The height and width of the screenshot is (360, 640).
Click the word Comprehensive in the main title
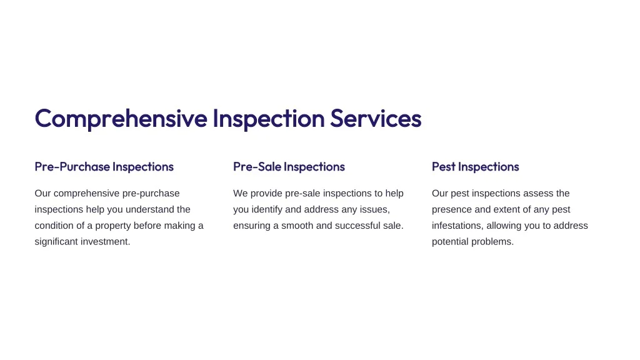(x=121, y=119)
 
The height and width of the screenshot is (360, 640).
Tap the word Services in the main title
(x=376, y=118)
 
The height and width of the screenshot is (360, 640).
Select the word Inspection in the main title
(x=269, y=119)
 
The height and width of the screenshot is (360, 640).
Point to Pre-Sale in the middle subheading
(x=257, y=166)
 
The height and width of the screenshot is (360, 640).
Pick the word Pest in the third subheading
(x=443, y=166)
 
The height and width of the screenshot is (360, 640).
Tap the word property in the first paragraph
(x=113, y=226)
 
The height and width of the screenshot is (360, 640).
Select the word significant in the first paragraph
(x=56, y=242)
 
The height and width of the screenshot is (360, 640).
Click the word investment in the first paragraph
(x=105, y=242)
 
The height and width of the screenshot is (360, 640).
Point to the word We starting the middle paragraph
(x=241, y=194)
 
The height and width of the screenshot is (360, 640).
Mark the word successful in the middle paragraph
(x=360, y=226)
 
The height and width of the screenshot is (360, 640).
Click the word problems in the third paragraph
(x=492, y=242)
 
